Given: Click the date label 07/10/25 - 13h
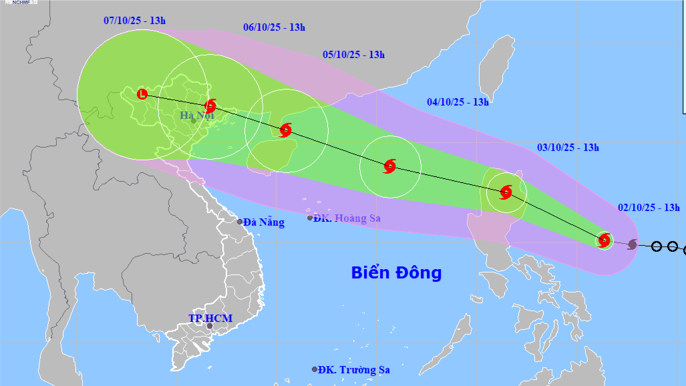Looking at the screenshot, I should click(x=134, y=21).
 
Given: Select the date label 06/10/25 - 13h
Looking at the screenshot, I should click(x=274, y=27).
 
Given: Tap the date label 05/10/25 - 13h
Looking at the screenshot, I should click(x=353, y=55).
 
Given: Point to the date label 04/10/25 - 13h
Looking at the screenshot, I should click(x=458, y=102).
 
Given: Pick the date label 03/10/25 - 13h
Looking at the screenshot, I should click(x=568, y=148).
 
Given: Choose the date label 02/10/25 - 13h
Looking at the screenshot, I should click(x=649, y=208).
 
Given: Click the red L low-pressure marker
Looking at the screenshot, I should click(x=142, y=94).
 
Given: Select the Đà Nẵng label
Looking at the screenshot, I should click(x=264, y=222).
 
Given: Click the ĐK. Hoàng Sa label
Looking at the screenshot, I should click(x=348, y=218).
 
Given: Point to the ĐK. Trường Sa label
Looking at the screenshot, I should click(x=354, y=369).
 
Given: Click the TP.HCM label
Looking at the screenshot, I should click(x=210, y=318).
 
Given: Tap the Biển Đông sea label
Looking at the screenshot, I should click(x=396, y=272).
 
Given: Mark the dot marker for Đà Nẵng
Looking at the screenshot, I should click(x=240, y=222).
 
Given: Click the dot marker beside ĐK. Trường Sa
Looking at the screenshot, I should click(x=315, y=369).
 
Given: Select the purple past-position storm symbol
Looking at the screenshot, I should click(x=633, y=244).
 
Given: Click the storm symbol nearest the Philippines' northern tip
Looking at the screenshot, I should click(x=506, y=192).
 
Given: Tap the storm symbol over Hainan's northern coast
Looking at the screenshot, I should click(x=286, y=130).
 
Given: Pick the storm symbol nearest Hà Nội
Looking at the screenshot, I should click(x=211, y=106).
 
